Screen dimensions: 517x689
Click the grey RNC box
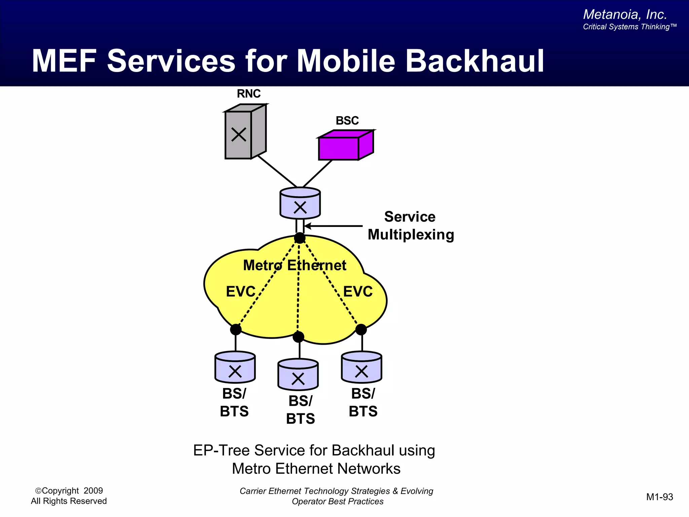point(245,133)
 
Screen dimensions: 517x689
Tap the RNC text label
point(249,94)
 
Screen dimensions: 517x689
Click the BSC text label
point(347,120)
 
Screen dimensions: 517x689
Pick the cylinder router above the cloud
point(300,204)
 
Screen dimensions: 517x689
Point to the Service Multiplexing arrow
point(333,226)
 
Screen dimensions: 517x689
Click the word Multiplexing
point(411,235)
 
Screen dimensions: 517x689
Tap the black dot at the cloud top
point(299,238)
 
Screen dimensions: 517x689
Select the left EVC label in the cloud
point(241,291)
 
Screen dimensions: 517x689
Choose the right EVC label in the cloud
point(358,291)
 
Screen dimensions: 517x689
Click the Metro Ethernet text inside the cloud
point(294,265)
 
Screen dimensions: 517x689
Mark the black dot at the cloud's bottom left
point(235,329)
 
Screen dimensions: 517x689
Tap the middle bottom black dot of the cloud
point(298,337)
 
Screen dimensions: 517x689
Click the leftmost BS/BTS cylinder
point(235,368)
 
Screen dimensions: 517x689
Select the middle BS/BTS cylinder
point(298,375)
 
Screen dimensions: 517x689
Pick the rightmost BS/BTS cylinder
point(361,368)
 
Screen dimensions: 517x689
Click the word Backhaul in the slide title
point(474,61)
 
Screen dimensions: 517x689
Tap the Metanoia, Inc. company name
point(625,14)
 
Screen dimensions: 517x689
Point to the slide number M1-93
point(659,497)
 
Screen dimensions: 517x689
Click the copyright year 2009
point(93,491)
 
